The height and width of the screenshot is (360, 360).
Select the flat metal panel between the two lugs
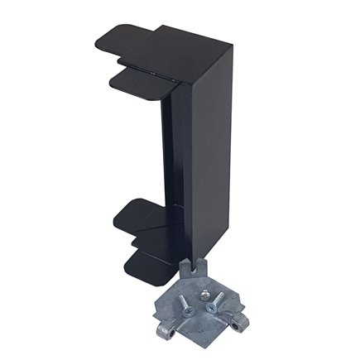[x=207, y=327]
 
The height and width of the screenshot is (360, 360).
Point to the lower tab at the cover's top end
[x=137, y=82]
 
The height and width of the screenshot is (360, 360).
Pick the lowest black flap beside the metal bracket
[x=149, y=265]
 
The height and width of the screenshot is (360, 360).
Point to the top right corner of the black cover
[x=233, y=46]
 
